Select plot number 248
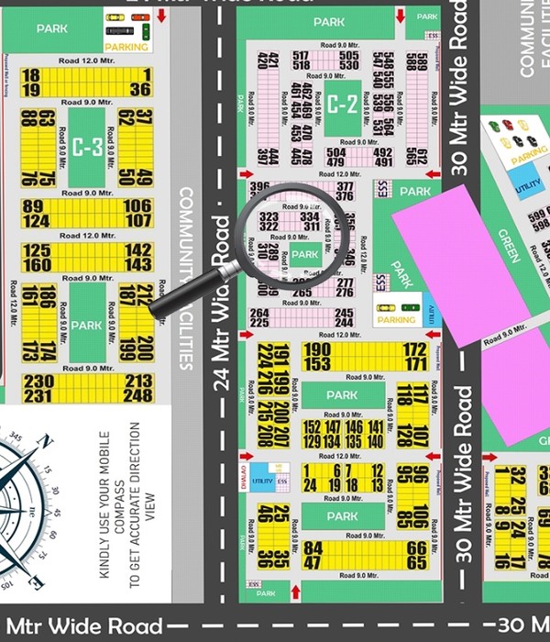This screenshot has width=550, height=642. click(x=138, y=395)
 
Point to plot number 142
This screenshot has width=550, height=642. click(x=138, y=249)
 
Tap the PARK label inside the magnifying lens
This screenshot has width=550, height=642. click(x=304, y=254)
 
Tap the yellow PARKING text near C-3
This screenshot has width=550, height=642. click(x=126, y=46)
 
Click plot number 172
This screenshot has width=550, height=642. click(x=415, y=349)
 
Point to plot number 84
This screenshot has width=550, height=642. click(x=313, y=548)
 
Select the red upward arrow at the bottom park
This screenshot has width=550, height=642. click(x=293, y=592)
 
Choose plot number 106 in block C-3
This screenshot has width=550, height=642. click(x=138, y=205)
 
